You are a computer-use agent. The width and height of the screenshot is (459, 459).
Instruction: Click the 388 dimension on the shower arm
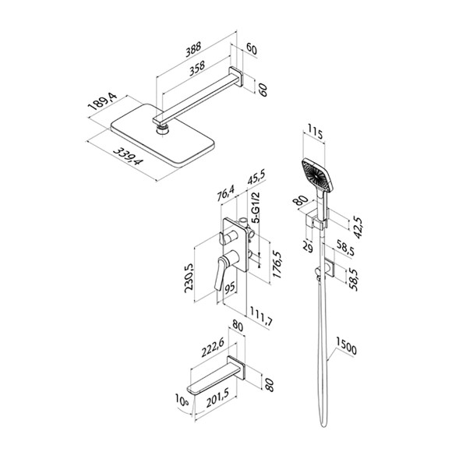click(193, 49)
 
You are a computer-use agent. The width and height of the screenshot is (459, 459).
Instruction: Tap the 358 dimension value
click(197, 69)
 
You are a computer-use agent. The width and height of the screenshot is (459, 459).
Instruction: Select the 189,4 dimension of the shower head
click(103, 101)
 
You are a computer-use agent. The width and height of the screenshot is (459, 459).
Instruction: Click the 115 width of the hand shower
click(315, 133)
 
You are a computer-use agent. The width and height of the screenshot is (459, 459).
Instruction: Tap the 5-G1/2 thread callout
click(256, 208)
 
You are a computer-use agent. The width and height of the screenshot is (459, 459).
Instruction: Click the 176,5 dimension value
click(277, 264)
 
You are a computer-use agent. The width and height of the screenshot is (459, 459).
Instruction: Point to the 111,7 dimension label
click(261, 316)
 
